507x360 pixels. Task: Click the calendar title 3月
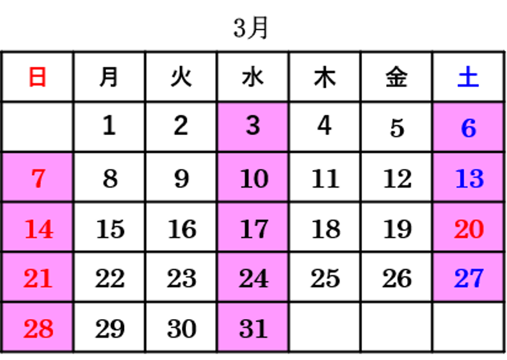250,28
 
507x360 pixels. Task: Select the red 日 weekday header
38,77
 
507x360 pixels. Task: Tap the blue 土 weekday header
468,77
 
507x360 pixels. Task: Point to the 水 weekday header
253,77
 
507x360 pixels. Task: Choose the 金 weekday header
397,77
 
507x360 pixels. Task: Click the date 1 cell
109,126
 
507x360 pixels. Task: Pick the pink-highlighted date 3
253,126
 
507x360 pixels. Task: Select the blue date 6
469,128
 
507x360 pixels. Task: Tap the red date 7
38,178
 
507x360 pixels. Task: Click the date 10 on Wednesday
254,178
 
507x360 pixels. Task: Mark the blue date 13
469,178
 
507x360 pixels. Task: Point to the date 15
110,229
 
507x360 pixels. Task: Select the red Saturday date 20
469,229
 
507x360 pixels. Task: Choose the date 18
326,229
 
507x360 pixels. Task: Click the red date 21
38,278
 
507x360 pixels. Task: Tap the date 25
325,278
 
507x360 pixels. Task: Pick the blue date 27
469,278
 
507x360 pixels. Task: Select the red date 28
38,328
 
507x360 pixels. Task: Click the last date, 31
254,328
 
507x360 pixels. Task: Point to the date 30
182,328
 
